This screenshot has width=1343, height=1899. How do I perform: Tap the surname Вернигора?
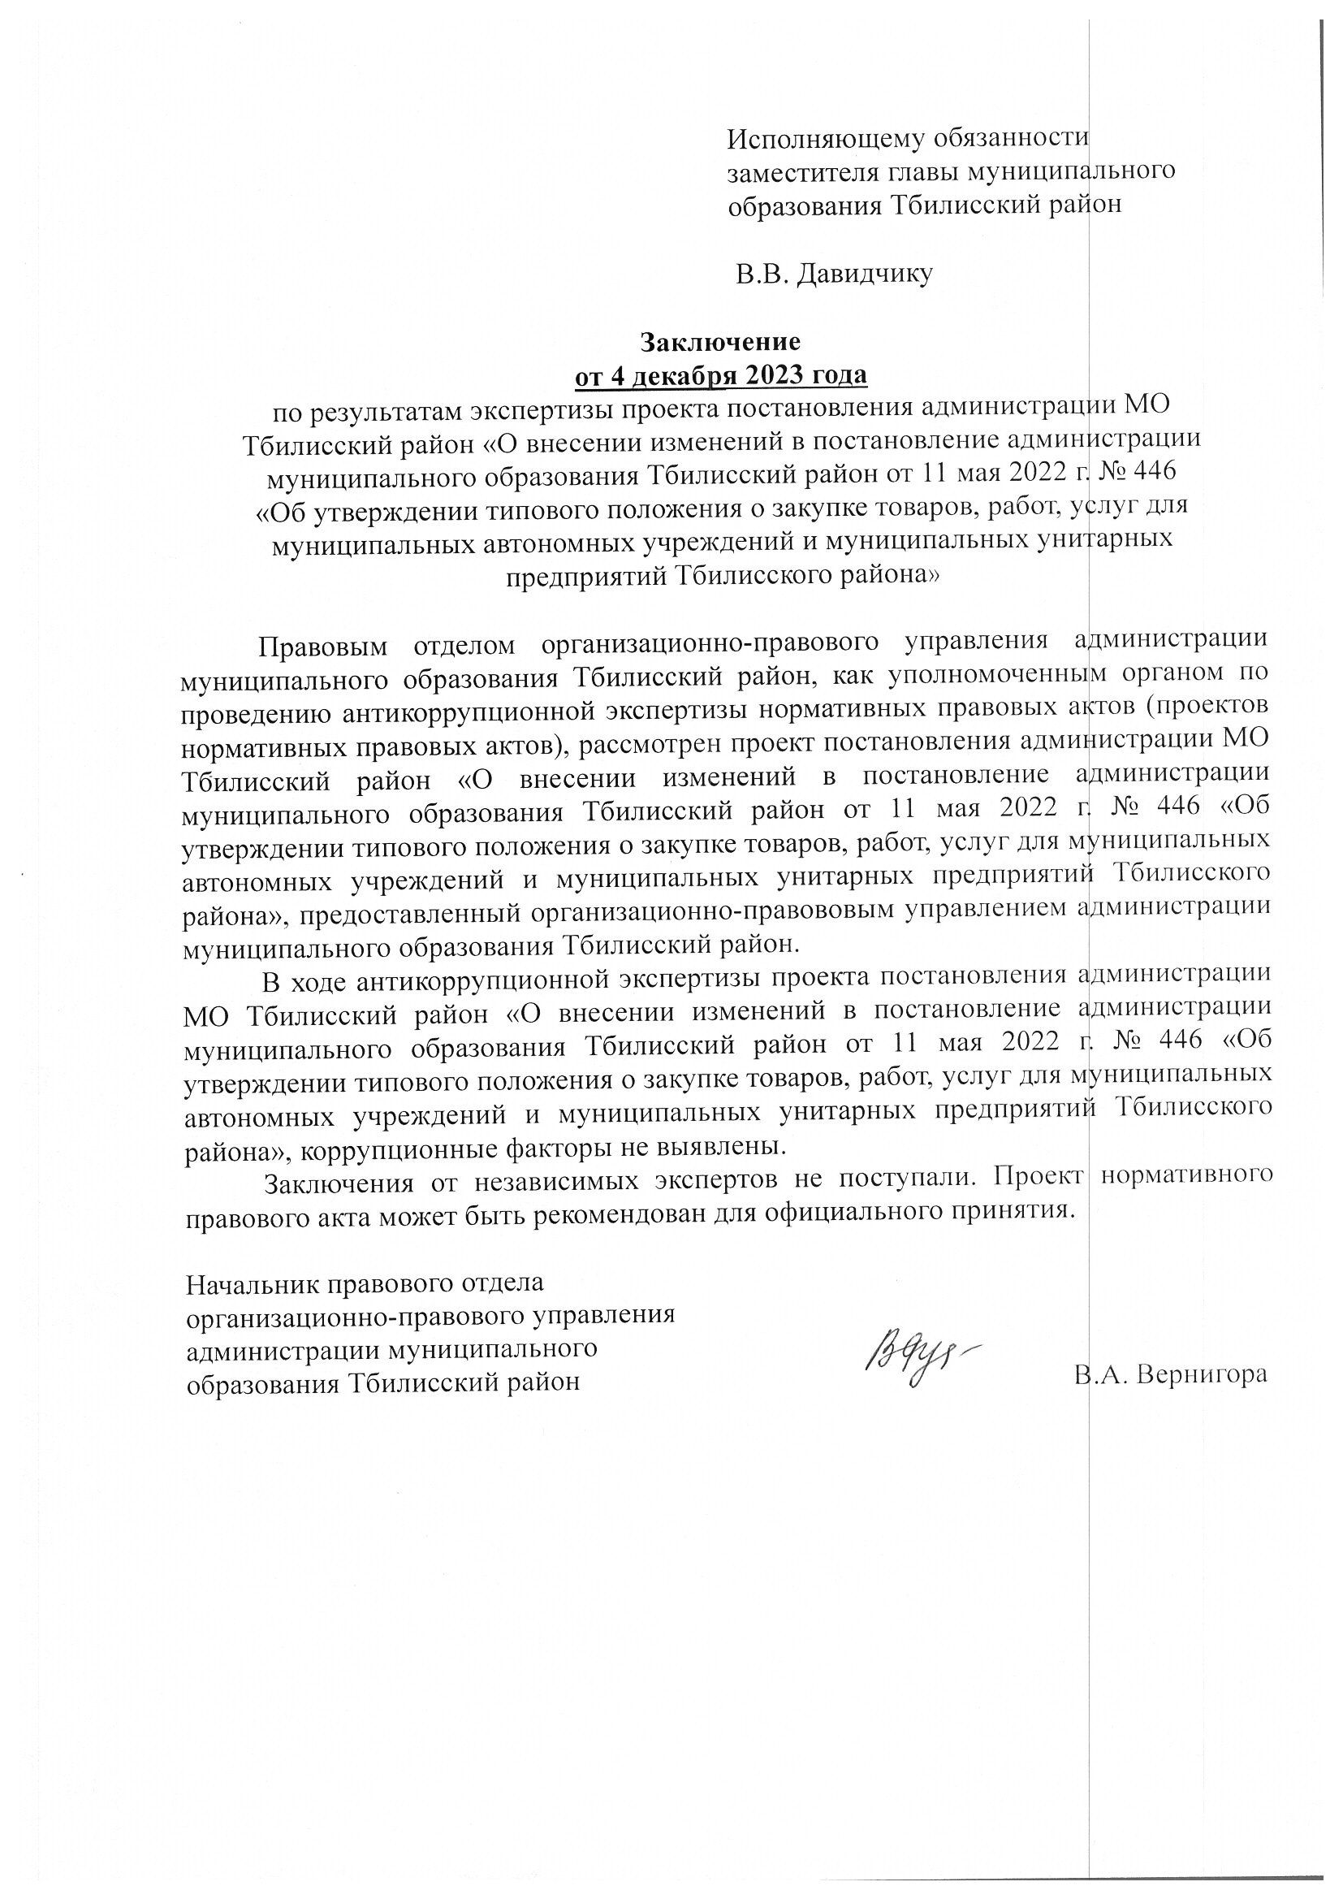coord(1203,1374)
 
